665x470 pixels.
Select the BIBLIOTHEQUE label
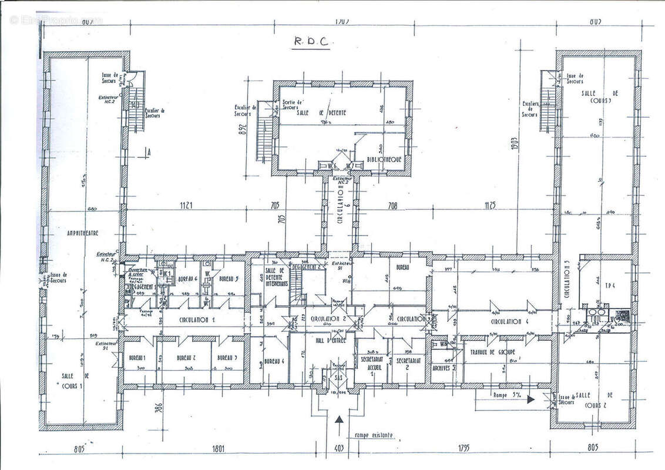[x=384, y=159]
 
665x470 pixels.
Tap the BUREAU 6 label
[x=186, y=279]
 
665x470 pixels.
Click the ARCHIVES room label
[x=442, y=370]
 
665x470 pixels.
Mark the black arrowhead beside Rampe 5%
[x=530, y=399]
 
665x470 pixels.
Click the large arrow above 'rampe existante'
[x=340, y=421]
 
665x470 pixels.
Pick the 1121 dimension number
[x=187, y=206]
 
